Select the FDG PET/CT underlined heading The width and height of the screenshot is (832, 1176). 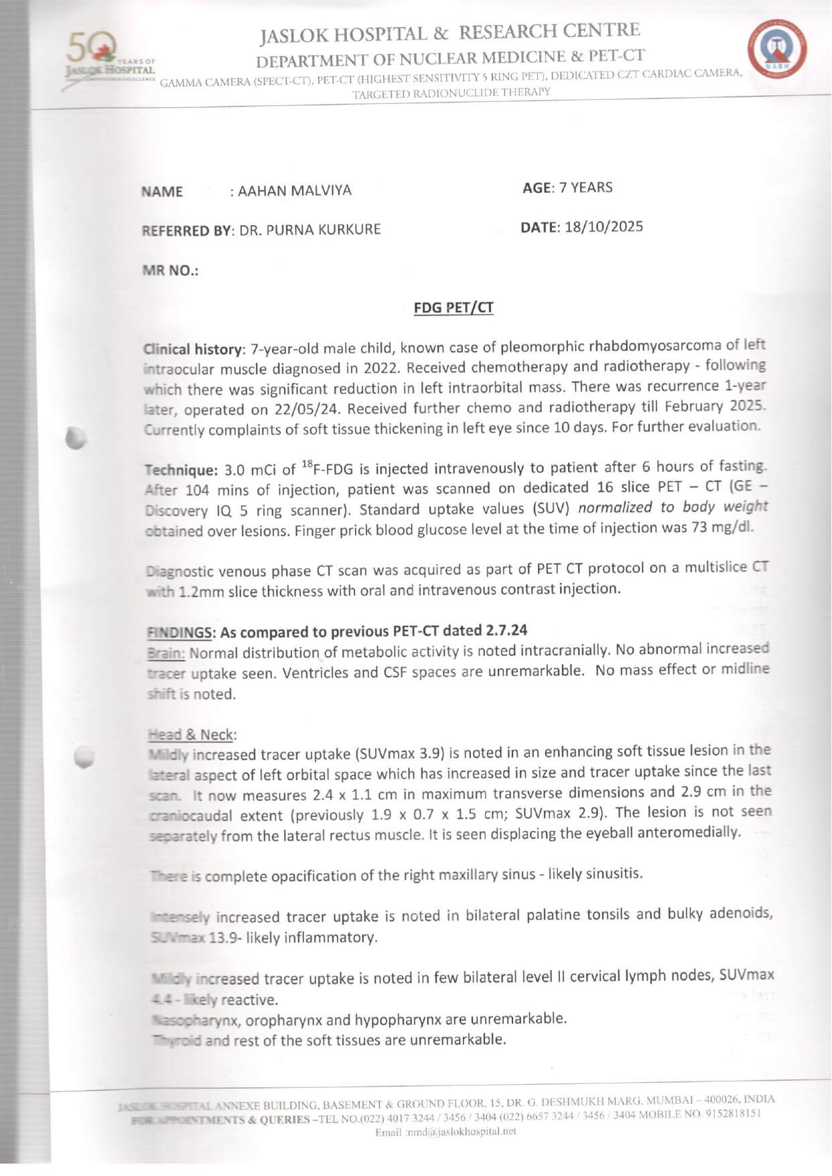(454, 308)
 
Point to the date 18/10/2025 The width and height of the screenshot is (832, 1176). (604, 226)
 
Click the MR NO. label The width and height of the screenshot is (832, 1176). (170, 271)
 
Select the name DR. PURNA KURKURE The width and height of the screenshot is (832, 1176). (310, 230)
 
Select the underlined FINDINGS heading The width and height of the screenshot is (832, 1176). (180, 633)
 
